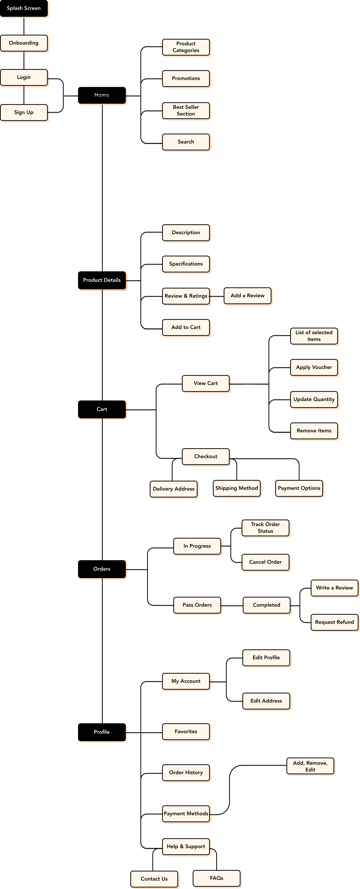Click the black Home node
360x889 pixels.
point(102,95)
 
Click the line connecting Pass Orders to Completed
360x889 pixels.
point(232,606)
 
